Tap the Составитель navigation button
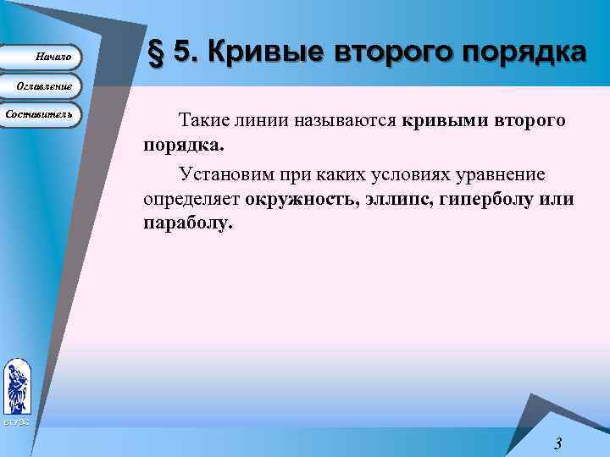[40, 114]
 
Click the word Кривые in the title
[257, 52]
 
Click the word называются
[344, 121]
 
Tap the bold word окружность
[301, 201]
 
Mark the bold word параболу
[187, 225]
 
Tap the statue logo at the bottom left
[17, 386]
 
